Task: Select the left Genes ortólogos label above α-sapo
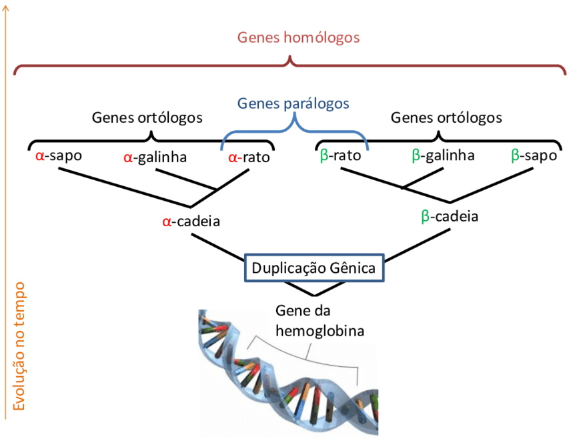pyautogui.click(x=147, y=118)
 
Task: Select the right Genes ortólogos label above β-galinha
pyautogui.click(x=446, y=118)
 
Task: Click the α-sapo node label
pyautogui.click(x=59, y=157)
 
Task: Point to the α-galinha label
pyautogui.click(x=155, y=158)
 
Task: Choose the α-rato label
pyautogui.click(x=249, y=158)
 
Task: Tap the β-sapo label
pyautogui.click(x=534, y=156)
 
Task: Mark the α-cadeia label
pyautogui.click(x=191, y=221)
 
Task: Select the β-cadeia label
pyautogui.click(x=450, y=216)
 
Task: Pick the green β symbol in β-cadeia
pyautogui.click(x=426, y=216)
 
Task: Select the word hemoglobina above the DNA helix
pyautogui.click(x=320, y=330)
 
